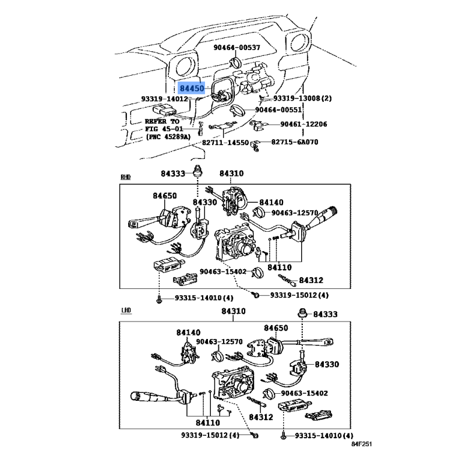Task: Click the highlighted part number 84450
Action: pyautogui.click(x=192, y=88)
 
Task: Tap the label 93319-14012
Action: pyautogui.click(x=164, y=99)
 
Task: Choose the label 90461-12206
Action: pyautogui.click(x=303, y=124)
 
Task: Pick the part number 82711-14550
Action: pyautogui.click(x=225, y=142)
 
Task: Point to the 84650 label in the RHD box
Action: pyautogui.click(x=165, y=196)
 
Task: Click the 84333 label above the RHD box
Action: pyautogui.click(x=173, y=173)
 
